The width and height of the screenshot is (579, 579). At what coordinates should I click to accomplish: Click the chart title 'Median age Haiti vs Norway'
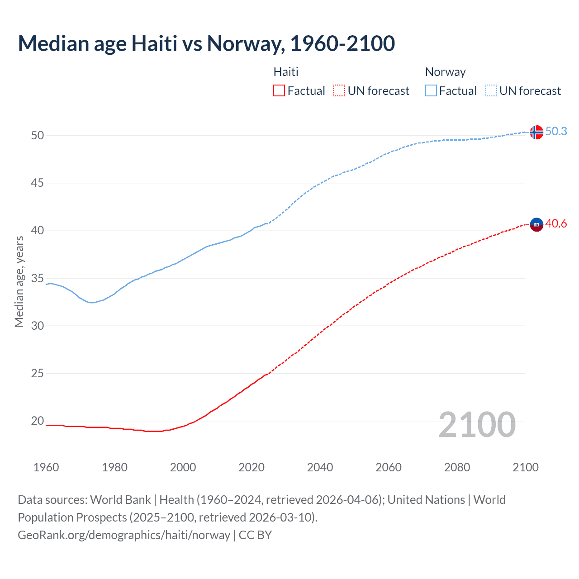coord(206,44)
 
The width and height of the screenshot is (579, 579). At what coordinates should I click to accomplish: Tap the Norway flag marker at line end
coord(536,132)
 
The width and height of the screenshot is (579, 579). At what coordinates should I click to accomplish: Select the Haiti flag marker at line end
coord(536,224)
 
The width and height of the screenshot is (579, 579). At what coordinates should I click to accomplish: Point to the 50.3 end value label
coord(556,132)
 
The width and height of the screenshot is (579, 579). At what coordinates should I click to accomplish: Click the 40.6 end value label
coord(556,224)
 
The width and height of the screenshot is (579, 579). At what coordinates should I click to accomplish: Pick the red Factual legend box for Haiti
coord(279,91)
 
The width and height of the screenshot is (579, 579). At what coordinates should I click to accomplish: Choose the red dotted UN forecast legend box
coord(339,91)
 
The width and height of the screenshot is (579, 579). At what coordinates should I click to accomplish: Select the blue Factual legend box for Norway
coord(431,91)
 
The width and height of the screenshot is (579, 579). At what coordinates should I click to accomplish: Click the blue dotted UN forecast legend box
coord(491,91)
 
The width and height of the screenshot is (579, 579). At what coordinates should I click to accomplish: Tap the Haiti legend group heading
coord(286,72)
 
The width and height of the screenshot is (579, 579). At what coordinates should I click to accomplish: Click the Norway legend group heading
coord(445,72)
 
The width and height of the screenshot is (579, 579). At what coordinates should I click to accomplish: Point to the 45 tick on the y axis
coord(38,183)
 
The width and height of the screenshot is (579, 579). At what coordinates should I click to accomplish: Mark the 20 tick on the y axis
coord(38,421)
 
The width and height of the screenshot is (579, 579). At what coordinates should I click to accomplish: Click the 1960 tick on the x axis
coord(46,467)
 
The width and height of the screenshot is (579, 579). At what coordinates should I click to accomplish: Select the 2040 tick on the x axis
coord(320,467)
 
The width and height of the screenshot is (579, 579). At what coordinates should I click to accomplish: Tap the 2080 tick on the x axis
coord(457,467)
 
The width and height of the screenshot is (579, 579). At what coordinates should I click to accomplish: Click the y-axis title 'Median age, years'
coord(19,281)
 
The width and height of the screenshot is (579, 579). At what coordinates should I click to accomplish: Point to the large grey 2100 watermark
coord(477,425)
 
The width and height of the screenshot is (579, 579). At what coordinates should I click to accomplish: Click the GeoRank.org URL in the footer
coord(124,535)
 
